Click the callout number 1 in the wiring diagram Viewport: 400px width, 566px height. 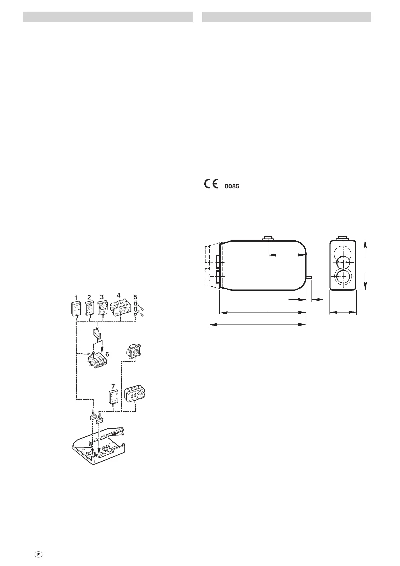coord(76,298)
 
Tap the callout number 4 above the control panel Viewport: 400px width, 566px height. coord(118,295)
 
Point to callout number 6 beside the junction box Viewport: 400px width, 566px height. coord(107,354)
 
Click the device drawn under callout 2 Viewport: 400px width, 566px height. coord(90,308)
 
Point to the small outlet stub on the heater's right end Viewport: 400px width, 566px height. coord(310,277)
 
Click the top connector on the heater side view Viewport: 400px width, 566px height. coord(268,239)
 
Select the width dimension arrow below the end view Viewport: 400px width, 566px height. coord(343,313)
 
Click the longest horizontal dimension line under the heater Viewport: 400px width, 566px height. coord(257,325)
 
